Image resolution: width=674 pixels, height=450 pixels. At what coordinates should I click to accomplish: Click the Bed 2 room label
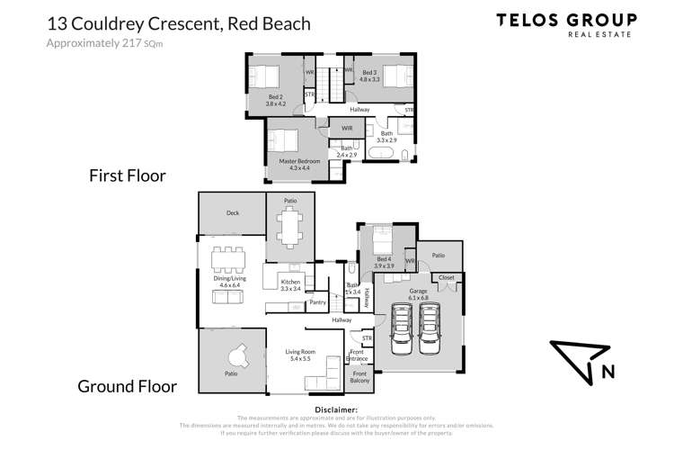tap(275, 101)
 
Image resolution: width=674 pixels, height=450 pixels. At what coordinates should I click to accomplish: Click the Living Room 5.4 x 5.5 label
tap(293, 355)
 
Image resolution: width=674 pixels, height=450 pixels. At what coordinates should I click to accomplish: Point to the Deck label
tap(233, 213)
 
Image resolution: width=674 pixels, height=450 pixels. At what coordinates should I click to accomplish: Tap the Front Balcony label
tap(359, 376)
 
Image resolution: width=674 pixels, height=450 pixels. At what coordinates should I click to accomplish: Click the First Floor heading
tap(127, 176)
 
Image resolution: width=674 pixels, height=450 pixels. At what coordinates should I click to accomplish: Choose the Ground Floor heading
tap(127, 387)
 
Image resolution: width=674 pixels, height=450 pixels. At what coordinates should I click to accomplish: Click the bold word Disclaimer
tap(336, 409)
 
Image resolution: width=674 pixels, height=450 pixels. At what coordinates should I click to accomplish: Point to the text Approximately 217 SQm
tap(93, 43)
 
